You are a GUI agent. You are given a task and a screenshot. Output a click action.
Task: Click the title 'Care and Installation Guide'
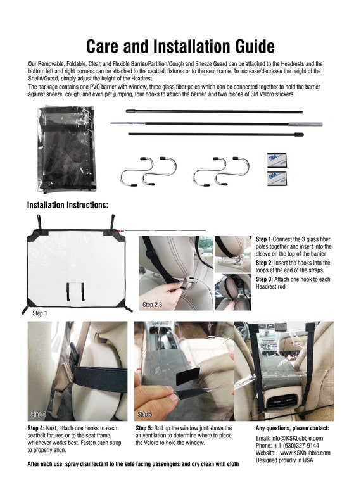(x=180, y=46)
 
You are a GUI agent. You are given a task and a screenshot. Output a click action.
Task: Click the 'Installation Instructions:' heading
(x=68, y=205)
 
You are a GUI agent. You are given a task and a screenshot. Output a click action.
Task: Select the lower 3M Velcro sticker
(x=277, y=179)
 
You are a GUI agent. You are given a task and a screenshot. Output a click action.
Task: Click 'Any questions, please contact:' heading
(x=296, y=429)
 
